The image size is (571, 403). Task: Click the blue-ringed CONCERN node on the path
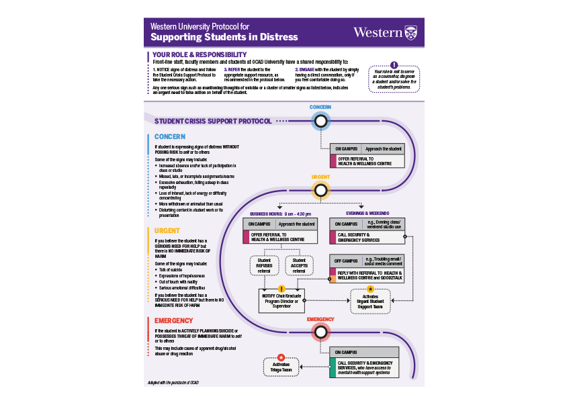pyautogui.click(x=321, y=122)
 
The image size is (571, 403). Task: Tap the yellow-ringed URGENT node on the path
pyautogui.click(x=321, y=190)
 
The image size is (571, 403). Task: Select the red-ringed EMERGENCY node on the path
pyautogui.click(x=321, y=332)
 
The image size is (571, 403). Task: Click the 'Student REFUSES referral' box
pyautogui.click(x=264, y=265)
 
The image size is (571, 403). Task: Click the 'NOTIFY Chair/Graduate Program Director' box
pyautogui.click(x=281, y=301)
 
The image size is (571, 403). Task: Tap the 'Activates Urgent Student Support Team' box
pyautogui.click(x=370, y=302)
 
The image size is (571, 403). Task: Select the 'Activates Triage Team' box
pyautogui.click(x=281, y=367)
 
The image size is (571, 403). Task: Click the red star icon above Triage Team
pyautogui.click(x=281, y=357)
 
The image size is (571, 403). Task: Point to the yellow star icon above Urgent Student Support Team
pyautogui.click(x=370, y=289)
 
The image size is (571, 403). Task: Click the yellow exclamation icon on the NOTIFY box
pyautogui.click(x=281, y=289)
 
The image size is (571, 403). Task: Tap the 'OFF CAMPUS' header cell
pyautogui.click(x=346, y=260)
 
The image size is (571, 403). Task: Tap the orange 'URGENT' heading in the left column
pyautogui.click(x=167, y=230)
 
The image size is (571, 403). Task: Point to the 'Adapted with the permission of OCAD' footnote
pyautogui.click(x=173, y=382)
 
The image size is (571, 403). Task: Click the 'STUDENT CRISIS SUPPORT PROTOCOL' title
pyautogui.click(x=213, y=122)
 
